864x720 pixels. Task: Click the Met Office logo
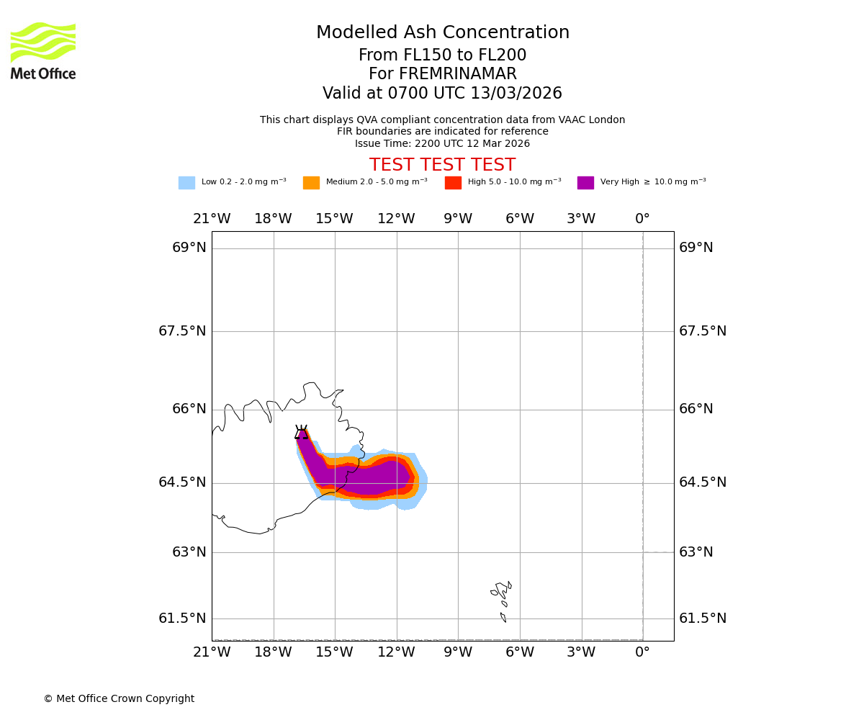click(43, 50)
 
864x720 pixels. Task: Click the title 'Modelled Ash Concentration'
click(443, 33)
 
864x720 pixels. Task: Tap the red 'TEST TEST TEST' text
click(442, 165)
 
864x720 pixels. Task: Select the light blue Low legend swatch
click(186, 183)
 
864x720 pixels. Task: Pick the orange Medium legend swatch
click(311, 183)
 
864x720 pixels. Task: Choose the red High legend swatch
click(453, 183)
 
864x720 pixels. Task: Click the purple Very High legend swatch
click(585, 183)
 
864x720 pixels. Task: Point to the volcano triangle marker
click(302, 433)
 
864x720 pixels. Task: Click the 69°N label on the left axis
click(189, 248)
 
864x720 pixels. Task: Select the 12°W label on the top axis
click(396, 219)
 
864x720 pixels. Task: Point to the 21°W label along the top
click(212, 219)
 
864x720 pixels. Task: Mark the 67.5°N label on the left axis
click(182, 331)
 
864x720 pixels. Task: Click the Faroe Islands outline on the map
click(502, 594)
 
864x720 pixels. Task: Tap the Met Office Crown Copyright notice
click(119, 698)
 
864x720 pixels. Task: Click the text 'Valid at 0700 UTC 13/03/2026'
click(442, 94)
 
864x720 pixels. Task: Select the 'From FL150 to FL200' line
click(442, 55)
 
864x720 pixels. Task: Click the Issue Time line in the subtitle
click(442, 143)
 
